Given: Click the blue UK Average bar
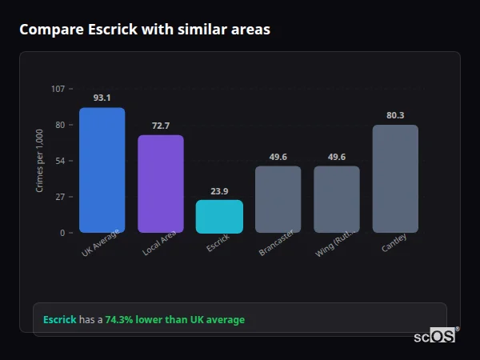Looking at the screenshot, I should point(102,170).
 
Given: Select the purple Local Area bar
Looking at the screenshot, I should point(161,184).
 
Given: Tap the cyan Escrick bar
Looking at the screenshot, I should point(219,217).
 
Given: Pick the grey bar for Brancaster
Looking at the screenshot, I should point(278,199).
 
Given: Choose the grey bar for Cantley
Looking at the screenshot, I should point(395,179).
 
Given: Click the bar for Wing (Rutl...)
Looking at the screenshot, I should point(337,199).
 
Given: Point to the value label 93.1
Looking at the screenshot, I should point(102,98).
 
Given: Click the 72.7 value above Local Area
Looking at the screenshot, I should point(161,126).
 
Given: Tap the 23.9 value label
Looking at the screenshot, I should point(219,191).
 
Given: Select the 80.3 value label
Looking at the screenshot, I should point(395,115).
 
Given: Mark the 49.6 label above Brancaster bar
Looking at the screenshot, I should point(278,157).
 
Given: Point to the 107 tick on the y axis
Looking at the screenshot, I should point(58,89).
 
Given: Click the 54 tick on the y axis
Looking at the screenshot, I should point(60,161).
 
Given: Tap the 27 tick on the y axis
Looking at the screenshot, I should point(60,197).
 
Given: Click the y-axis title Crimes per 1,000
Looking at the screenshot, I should point(40,161).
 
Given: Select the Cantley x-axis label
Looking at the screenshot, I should point(394,242).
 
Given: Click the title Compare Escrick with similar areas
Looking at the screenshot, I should point(145,30).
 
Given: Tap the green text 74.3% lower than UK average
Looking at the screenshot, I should point(175,320).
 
